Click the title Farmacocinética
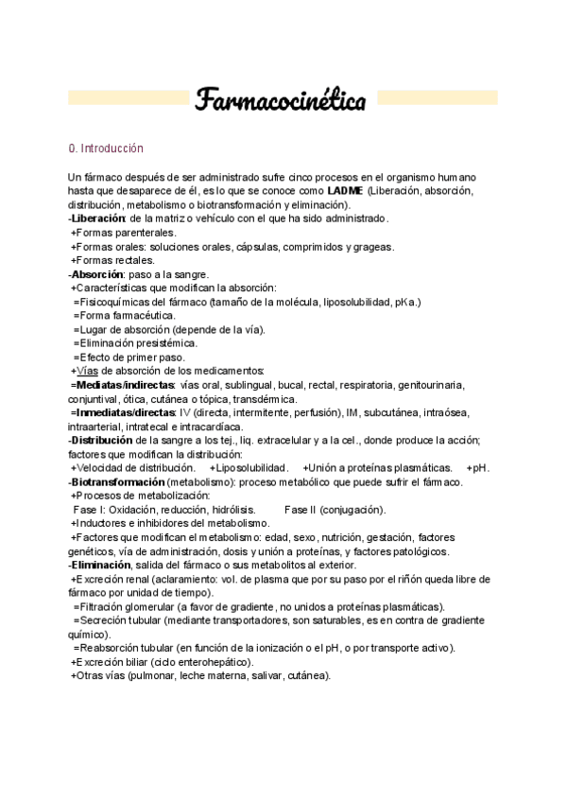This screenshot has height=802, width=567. point(282,99)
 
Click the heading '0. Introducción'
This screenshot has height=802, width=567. point(106,149)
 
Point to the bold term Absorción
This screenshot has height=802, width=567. point(99,274)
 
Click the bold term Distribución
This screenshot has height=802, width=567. point(103,440)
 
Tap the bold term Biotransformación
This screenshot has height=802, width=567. point(116,481)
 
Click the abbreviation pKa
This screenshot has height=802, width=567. point(404,302)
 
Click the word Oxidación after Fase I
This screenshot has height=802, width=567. point(135,510)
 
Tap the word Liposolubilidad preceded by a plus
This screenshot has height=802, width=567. point(252,468)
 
